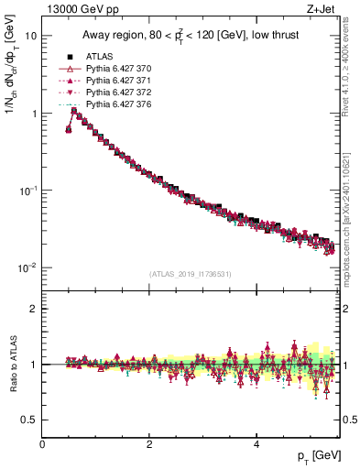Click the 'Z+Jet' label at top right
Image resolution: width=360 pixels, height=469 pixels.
[x=317, y=9]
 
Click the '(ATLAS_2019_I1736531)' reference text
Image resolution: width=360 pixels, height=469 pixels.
[x=190, y=273]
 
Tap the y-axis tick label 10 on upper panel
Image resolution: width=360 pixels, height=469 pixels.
[x=29, y=37]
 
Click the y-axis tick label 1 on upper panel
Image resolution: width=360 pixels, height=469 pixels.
[x=33, y=114]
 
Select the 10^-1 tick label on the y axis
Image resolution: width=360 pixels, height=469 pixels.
[x=27, y=191]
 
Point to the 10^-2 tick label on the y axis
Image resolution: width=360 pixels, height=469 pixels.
[x=27, y=267]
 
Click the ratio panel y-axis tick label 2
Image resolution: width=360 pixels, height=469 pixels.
[x=33, y=309]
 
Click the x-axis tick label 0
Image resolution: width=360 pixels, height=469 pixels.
[x=42, y=445]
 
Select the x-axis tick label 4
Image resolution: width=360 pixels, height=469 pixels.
[x=256, y=445]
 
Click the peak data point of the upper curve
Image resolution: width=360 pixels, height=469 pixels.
[x=74, y=112]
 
